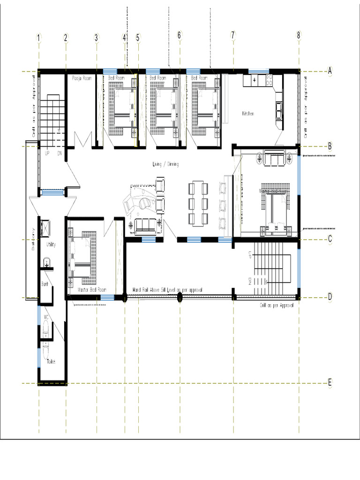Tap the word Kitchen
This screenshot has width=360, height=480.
pyautogui.click(x=248, y=114)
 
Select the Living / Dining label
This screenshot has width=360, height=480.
pyautogui.click(x=165, y=164)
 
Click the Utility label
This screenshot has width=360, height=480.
pyautogui.click(x=51, y=245)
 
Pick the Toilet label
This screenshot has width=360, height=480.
pyautogui.click(x=52, y=361)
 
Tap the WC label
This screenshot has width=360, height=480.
pyautogui.click(x=46, y=317)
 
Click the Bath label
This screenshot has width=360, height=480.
pyautogui.click(x=45, y=284)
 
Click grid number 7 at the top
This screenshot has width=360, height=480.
pyautogui.click(x=232, y=36)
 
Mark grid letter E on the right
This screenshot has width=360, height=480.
pyautogui.click(x=330, y=383)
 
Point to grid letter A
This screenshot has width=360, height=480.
pyautogui.click(x=330, y=71)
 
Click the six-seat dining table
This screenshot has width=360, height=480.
pyautogui.click(x=198, y=204)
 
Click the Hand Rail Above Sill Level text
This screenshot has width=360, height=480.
pyautogui.click(x=167, y=291)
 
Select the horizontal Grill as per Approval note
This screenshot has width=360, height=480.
pyautogui.click(x=277, y=305)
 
